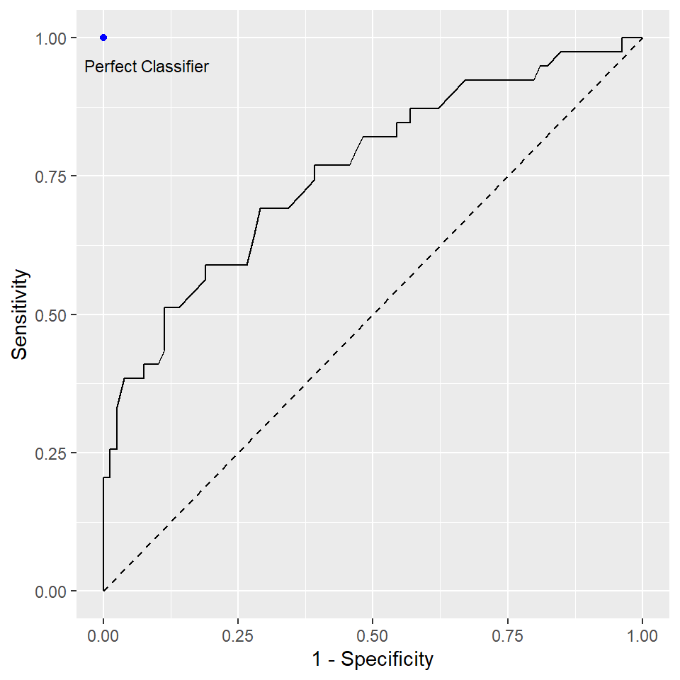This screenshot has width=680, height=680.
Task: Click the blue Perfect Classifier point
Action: pyautogui.click(x=103, y=37)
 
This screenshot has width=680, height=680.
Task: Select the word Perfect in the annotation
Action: pyautogui.click(x=110, y=67)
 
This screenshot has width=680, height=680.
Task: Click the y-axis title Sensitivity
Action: pyautogui.click(x=21, y=314)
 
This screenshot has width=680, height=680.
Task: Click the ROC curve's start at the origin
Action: pyautogui.click(x=103, y=591)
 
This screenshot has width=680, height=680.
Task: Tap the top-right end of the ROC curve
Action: pyautogui.click(x=642, y=38)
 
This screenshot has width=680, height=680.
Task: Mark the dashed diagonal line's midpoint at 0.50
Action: pyautogui.click(x=373, y=314)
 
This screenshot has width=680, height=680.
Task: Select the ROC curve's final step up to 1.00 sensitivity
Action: pyautogui.click(x=622, y=44)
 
